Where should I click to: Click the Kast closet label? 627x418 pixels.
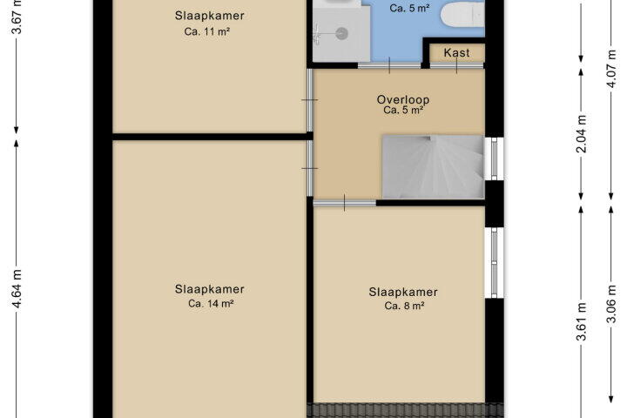[x=456, y=53]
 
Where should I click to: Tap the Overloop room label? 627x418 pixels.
[x=403, y=99]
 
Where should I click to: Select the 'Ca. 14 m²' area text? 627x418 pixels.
[x=211, y=304]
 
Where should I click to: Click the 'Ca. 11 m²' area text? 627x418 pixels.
[x=206, y=31]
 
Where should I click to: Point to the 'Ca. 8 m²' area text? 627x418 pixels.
[x=404, y=306]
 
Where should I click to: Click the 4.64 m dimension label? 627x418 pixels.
[x=17, y=288]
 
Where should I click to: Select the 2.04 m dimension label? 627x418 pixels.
[x=582, y=133]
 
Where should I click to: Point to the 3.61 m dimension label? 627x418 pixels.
[x=582, y=321]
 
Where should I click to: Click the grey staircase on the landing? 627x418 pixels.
[x=433, y=167]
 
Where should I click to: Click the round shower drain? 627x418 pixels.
[x=342, y=34]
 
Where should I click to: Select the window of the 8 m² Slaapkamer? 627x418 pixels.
[x=495, y=263]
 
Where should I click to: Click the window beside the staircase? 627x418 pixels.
[x=495, y=158]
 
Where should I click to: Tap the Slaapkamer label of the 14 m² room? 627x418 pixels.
[x=209, y=289]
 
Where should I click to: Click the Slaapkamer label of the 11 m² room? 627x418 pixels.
[x=209, y=16]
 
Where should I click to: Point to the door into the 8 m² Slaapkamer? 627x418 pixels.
[x=344, y=203]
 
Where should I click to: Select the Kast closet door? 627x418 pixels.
[x=456, y=65]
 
